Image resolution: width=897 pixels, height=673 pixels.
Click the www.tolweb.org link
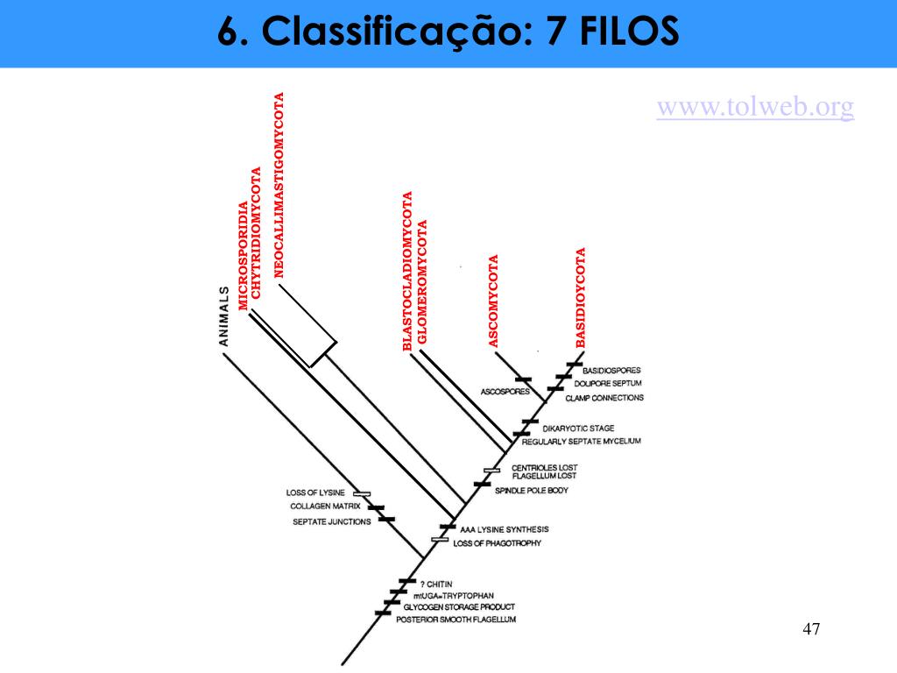755,107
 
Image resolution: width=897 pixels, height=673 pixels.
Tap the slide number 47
811,629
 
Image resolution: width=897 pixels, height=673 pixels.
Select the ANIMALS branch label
224,315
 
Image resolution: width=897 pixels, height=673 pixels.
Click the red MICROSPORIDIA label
244,254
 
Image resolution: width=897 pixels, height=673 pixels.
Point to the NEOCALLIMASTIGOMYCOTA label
279,185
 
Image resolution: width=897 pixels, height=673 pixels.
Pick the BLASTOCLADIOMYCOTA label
406,271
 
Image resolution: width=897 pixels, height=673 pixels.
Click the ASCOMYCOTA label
493,301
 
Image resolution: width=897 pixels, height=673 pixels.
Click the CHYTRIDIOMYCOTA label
257,232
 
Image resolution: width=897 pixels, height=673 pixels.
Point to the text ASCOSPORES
502,391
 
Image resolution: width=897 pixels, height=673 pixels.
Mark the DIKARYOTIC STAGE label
584,429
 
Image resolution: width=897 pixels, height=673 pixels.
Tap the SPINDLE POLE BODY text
533,491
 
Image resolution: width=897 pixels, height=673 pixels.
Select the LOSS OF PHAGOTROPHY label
497,543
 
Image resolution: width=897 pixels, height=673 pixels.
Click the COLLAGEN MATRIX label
326,507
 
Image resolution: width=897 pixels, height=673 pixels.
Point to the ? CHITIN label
435,584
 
